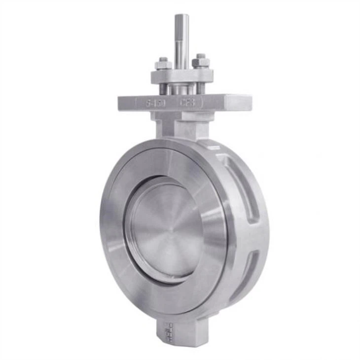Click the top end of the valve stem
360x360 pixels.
tap(181, 17)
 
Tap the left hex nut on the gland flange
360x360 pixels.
tap(163, 64)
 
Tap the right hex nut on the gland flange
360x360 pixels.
tap(201, 62)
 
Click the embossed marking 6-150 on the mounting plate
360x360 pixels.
tap(156, 104)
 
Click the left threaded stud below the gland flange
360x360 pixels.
tap(163, 88)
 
